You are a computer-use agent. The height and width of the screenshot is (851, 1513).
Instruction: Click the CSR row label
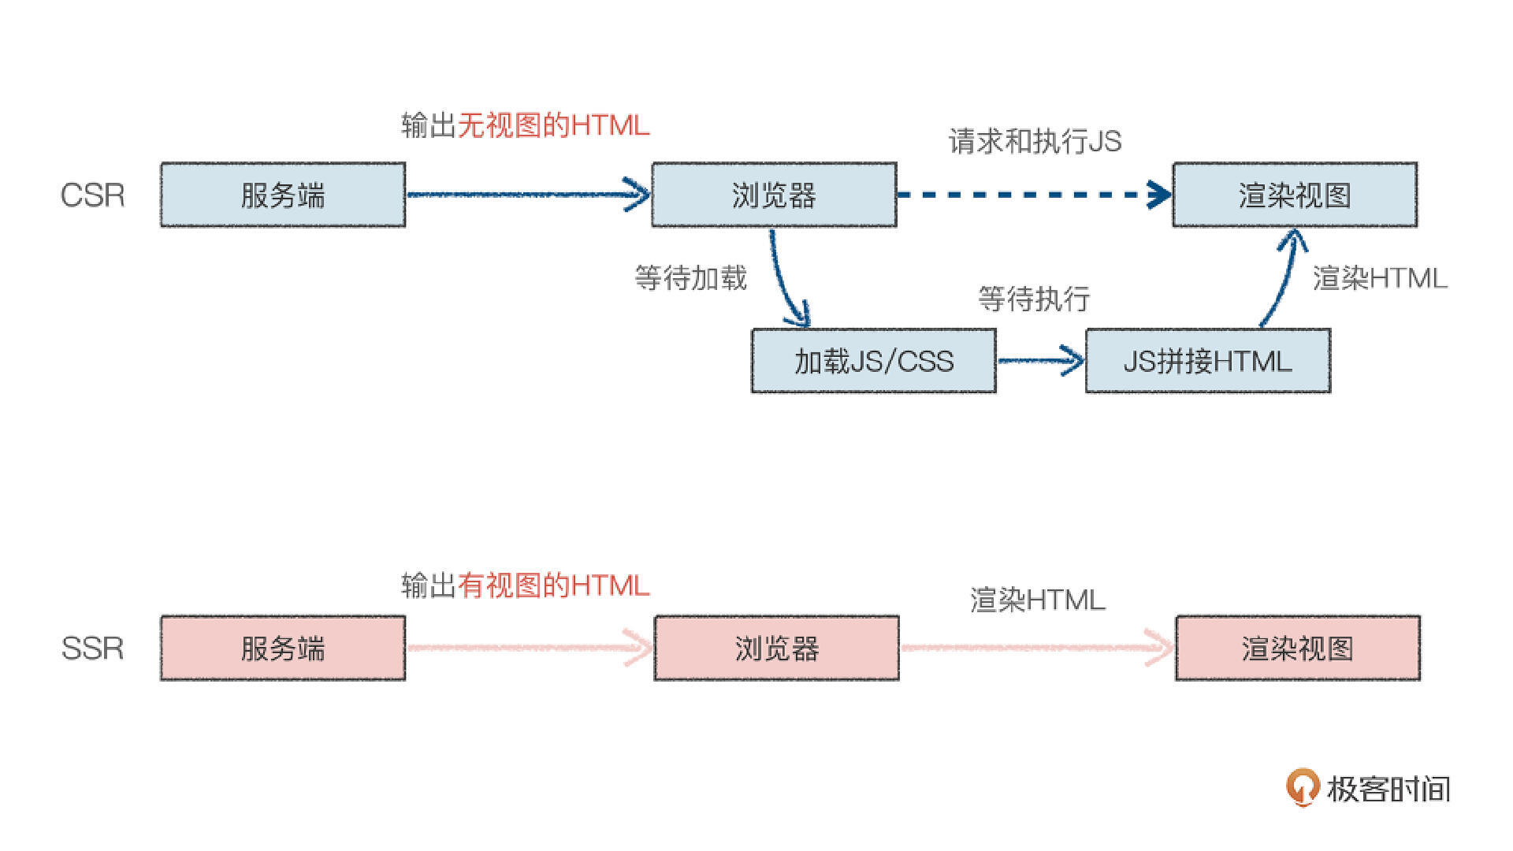pyautogui.click(x=92, y=195)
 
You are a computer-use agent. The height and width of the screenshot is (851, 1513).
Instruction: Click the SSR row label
pyautogui.click(x=92, y=648)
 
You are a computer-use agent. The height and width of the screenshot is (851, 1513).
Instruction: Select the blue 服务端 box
pyautogui.click(x=283, y=195)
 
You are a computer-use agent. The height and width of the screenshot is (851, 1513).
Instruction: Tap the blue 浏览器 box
pyautogui.click(x=774, y=195)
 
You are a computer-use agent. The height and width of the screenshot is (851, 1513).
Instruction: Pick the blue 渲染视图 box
pyautogui.click(x=1295, y=195)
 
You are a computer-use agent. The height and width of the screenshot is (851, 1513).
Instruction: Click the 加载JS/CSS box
pyautogui.click(x=873, y=361)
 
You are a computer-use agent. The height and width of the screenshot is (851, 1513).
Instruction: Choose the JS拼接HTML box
pyautogui.click(x=1207, y=361)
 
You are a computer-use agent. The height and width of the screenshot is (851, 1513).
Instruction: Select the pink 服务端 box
pyautogui.click(x=283, y=648)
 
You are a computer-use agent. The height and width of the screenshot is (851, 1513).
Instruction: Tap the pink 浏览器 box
pyautogui.click(x=776, y=648)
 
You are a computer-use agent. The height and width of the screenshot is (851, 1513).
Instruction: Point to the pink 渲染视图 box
pyautogui.click(x=1297, y=648)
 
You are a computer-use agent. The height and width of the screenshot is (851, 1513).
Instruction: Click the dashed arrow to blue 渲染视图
pyautogui.click(x=1032, y=195)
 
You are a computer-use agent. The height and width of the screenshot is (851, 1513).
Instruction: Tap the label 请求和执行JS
pyautogui.click(x=1035, y=142)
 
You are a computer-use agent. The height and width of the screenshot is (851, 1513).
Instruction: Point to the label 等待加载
pyautogui.click(x=690, y=278)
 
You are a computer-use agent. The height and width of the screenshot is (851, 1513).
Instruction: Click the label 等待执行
pyautogui.click(x=1034, y=299)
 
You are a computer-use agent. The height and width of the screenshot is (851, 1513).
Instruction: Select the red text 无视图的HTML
pyautogui.click(x=553, y=125)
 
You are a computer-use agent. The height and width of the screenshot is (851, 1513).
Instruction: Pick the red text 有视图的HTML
pyautogui.click(x=553, y=585)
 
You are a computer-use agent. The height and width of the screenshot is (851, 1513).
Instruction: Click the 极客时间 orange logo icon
pyautogui.click(x=1302, y=786)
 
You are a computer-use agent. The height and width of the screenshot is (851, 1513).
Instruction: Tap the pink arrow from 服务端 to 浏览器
pyautogui.click(x=528, y=648)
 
